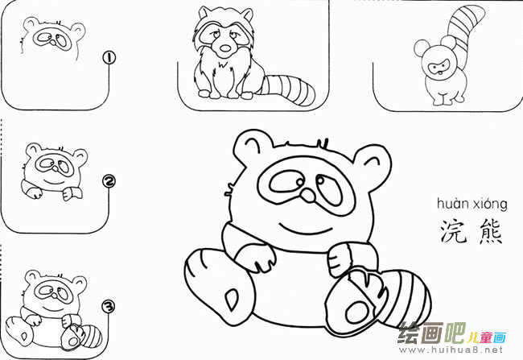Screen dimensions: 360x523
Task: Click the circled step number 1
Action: [108, 57]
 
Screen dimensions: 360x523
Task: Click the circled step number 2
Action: [108, 182]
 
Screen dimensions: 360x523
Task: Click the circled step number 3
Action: [108, 306]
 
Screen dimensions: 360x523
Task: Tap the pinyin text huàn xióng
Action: [470, 204]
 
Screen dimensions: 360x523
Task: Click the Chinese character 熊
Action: [488, 231]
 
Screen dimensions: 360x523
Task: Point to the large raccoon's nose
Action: [308, 196]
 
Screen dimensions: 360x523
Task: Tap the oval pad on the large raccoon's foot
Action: [229, 299]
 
